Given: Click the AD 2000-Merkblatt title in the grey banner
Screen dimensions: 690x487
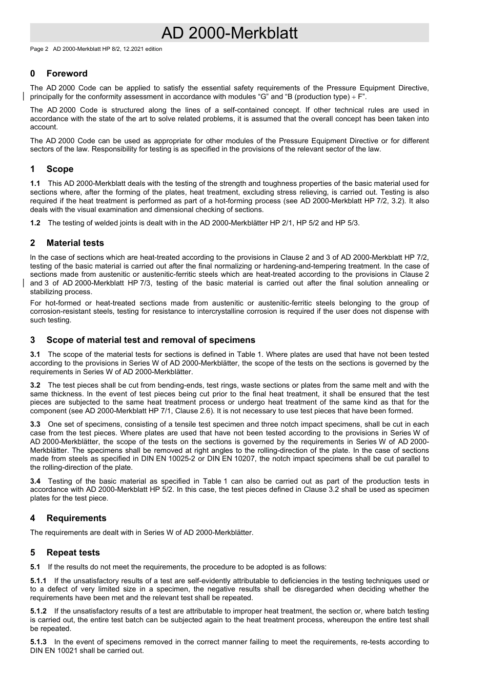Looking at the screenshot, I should point(229,33).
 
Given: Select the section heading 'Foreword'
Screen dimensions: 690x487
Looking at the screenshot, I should point(67,73).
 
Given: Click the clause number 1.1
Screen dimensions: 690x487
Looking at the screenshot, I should point(35,183).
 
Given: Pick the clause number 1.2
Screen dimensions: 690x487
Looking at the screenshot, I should point(35,223).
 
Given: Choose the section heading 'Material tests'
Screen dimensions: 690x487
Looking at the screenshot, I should point(75,243).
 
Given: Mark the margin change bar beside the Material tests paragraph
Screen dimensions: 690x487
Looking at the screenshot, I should point(23,283).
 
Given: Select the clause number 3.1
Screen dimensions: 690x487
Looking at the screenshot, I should point(35,354).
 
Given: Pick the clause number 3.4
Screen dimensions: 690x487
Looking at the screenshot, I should point(35,481).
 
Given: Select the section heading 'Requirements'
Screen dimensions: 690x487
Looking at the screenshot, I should point(76,518).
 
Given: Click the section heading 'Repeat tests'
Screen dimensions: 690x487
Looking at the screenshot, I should point(73,552).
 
